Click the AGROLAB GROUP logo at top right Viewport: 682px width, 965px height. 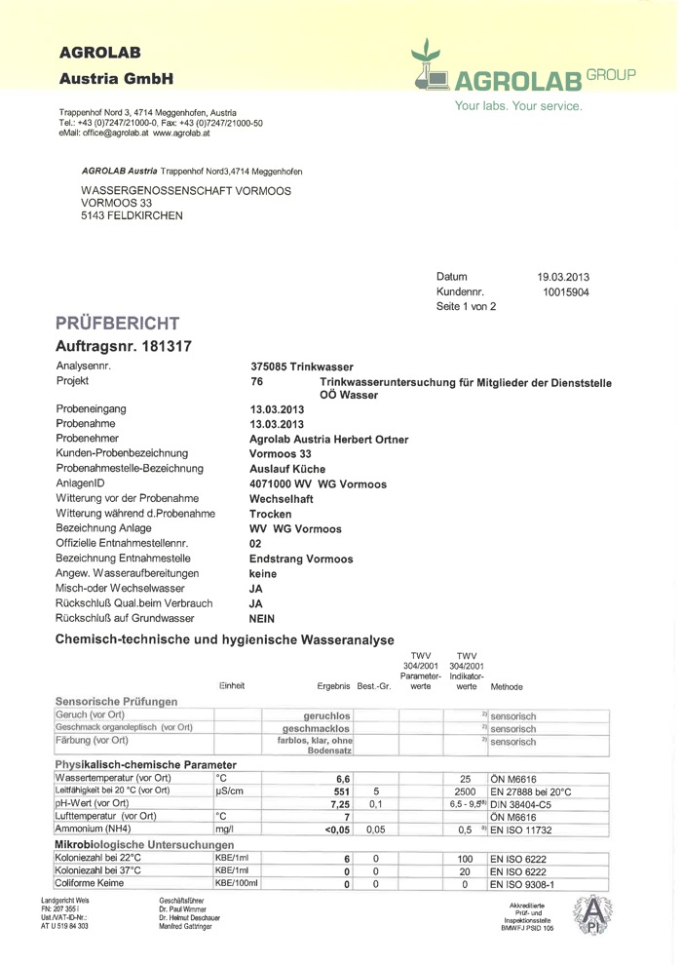[523, 68]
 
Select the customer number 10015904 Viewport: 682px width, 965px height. [565, 291]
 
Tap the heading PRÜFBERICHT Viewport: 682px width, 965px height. [117, 323]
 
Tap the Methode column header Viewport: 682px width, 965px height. [507, 686]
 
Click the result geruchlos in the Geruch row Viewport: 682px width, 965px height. [328, 715]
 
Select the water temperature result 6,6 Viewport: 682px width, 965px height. [342, 778]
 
